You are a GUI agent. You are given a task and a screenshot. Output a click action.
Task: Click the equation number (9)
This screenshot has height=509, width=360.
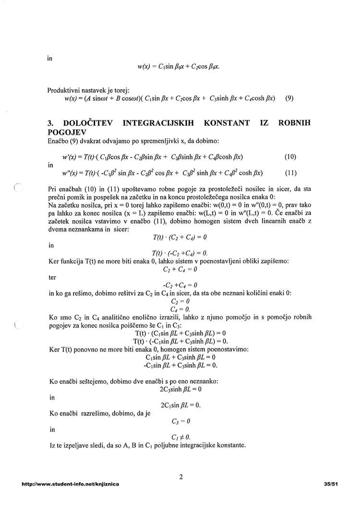289,98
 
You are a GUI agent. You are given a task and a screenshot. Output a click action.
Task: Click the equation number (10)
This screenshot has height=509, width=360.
290,156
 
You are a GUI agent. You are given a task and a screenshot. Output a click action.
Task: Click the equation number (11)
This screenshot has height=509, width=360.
290,173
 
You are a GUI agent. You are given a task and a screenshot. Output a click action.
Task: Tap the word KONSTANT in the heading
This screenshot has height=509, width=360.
227,123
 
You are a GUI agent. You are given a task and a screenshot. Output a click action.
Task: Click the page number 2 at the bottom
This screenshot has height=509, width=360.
180,477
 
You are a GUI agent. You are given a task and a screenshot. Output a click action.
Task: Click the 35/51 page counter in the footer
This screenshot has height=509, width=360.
331,485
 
